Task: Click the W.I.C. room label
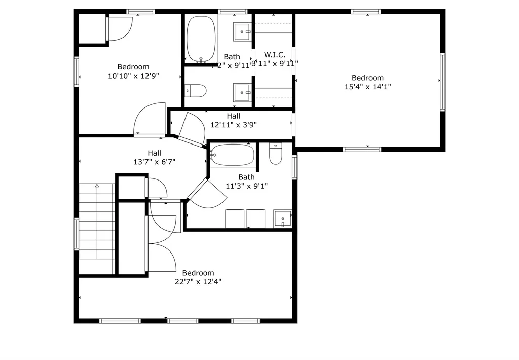(275, 54)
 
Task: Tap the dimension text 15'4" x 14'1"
(367, 87)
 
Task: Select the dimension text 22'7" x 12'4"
(198, 281)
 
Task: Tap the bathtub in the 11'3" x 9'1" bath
(233, 155)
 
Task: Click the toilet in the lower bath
(275, 154)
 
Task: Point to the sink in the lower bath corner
(282, 219)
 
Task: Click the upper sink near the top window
(242, 32)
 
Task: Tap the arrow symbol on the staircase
(96, 187)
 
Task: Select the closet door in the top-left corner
(120, 28)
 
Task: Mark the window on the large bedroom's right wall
(442, 82)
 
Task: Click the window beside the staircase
(77, 234)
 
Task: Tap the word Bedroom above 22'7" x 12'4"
(198, 273)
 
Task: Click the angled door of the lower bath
(205, 194)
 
